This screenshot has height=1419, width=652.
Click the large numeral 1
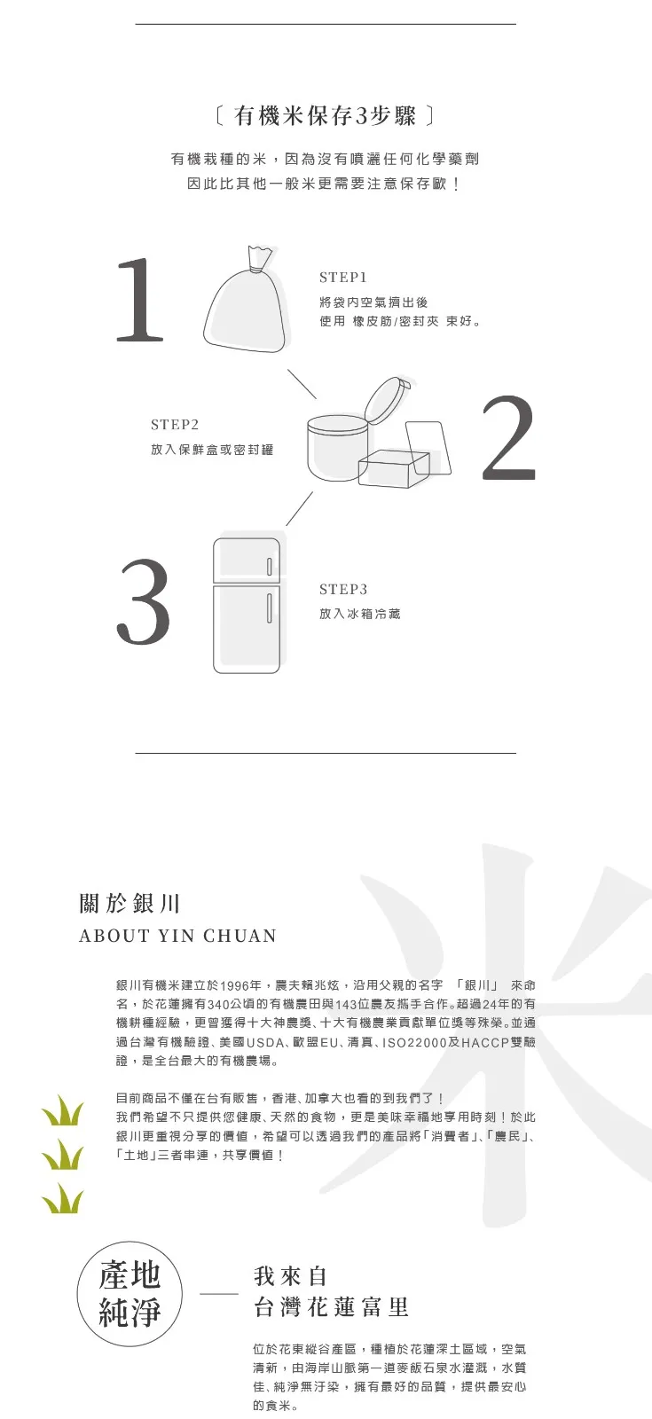141,299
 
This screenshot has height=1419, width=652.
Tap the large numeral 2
509,437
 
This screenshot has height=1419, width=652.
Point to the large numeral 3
143,602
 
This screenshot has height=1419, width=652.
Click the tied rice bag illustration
247,297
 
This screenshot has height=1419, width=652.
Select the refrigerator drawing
247,605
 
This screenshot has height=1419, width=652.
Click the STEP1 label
342,278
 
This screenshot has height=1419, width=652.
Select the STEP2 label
175,425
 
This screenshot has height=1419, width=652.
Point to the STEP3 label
343,589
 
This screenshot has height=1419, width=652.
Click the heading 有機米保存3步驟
325,116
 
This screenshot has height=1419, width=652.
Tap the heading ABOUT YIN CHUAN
178,936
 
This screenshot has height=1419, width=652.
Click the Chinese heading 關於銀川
130,903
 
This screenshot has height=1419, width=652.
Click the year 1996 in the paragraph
234,985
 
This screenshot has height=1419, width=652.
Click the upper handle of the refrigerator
270,566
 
